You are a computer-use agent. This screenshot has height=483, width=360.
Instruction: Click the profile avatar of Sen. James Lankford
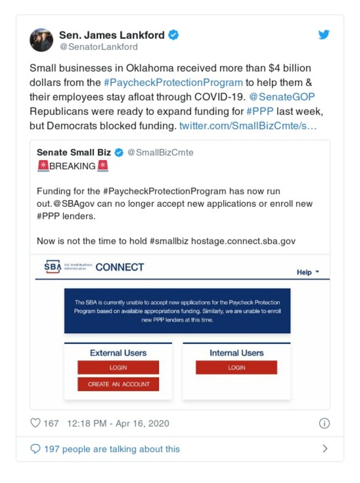point(41,40)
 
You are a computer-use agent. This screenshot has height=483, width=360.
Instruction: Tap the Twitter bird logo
point(324,35)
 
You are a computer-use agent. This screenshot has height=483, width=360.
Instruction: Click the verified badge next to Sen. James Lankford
point(173,35)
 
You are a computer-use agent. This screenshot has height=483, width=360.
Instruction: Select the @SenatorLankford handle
point(98,47)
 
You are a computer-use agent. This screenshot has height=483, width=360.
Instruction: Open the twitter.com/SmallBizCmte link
point(248,126)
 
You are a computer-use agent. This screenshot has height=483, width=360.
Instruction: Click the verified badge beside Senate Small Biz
point(119,152)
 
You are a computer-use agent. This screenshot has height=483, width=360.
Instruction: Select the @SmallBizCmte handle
point(160,152)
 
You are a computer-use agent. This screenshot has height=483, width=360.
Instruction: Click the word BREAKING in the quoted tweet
point(72,166)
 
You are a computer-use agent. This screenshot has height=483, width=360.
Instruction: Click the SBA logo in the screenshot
point(52,267)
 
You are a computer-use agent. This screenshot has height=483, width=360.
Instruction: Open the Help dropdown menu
point(308,272)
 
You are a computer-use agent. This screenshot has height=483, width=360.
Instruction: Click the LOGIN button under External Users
point(118,367)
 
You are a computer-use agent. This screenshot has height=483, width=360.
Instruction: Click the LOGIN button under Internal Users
point(236,367)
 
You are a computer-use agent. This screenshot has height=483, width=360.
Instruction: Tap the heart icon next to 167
point(35,423)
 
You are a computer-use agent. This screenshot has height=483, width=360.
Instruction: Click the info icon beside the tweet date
point(324,423)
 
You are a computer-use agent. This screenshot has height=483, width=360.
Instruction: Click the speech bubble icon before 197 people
point(35,449)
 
